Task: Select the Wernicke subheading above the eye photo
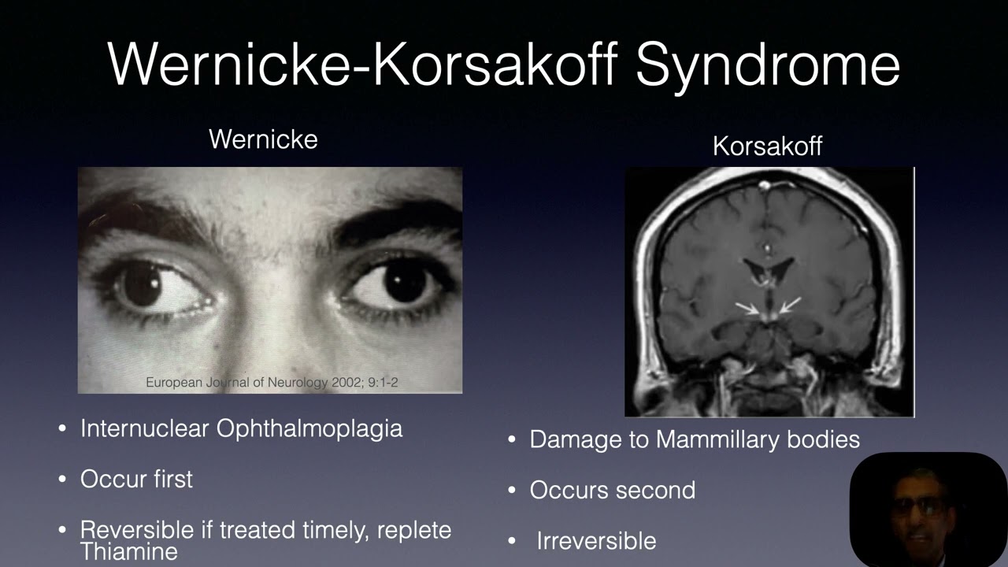263,139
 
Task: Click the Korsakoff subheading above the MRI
767,146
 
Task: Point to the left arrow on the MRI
748,308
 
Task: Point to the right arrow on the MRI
790,305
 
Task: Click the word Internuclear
144,428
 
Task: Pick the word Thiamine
128,550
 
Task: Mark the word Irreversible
596,541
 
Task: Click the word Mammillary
717,439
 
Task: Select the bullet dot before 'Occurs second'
513,491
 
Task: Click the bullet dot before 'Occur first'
64,480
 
